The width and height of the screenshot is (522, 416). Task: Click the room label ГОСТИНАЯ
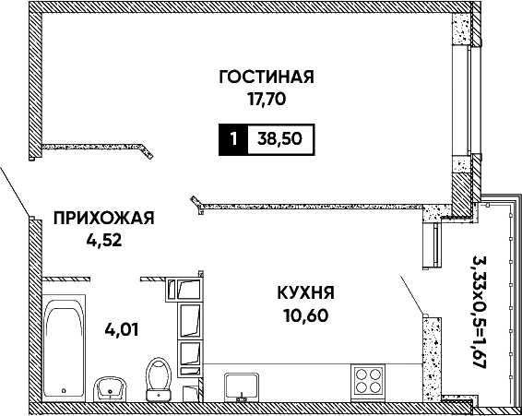point(267,77)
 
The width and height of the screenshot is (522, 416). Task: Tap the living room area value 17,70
point(267,99)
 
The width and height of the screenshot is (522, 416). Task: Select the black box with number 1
point(233,139)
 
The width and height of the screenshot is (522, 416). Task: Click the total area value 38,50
point(279,139)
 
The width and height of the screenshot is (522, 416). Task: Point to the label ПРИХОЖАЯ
point(104,219)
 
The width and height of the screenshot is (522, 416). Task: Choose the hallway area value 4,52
point(104,240)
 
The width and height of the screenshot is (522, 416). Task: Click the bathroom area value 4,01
point(122,329)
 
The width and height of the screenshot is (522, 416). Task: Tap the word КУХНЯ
point(306,293)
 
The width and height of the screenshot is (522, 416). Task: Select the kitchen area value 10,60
point(306,315)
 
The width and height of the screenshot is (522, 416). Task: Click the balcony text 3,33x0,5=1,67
point(480,312)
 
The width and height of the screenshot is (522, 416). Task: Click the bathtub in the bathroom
point(64,348)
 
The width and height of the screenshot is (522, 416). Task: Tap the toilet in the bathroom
point(159,379)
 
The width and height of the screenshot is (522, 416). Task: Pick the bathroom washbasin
point(110,389)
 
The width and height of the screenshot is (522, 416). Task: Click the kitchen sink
point(242,386)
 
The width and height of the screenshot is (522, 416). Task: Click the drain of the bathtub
point(64,391)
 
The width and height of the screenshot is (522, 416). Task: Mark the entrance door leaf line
point(14,191)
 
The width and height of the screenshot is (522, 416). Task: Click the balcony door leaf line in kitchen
point(412,295)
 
